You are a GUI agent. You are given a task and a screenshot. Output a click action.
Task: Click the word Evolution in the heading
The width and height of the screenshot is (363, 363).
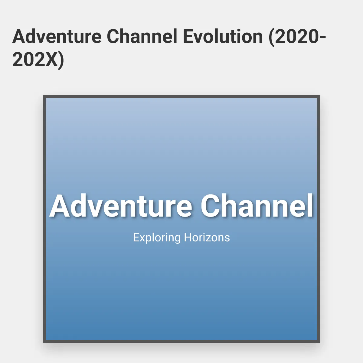tap(223, 36)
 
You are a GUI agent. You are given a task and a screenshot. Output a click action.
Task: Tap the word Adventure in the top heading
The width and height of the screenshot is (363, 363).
tap(57, 36)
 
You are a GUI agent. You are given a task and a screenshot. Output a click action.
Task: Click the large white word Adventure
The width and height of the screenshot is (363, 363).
tap(121, 206)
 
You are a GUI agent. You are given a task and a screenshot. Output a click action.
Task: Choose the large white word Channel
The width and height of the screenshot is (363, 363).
tap(257, 206)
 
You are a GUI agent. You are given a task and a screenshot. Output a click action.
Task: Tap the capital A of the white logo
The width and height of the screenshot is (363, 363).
tap(60, 206)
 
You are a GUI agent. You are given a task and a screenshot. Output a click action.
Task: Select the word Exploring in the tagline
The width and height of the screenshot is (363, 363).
tap(157, 238)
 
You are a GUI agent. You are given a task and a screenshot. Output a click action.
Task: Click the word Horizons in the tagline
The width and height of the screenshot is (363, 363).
tap(207, 237)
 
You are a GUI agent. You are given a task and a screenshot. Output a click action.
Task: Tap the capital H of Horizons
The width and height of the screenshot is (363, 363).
tap(188, 237)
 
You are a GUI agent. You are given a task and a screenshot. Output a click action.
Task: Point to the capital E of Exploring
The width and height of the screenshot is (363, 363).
tap(136, 237)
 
